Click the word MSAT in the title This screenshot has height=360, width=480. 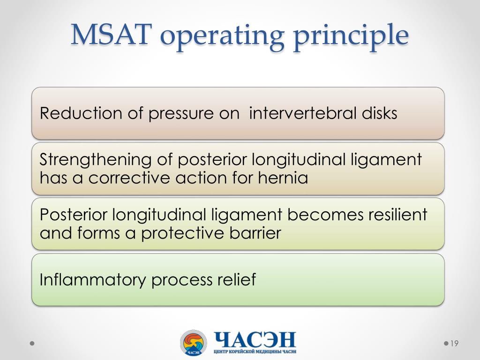[x=111, y=36]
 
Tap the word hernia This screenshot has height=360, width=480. [x=282, y=178]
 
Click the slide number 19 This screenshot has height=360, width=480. [x=454, y=344]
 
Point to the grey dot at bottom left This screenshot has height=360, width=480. [x=32, y=344]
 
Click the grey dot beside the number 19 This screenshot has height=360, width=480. [x=446, y=344]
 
